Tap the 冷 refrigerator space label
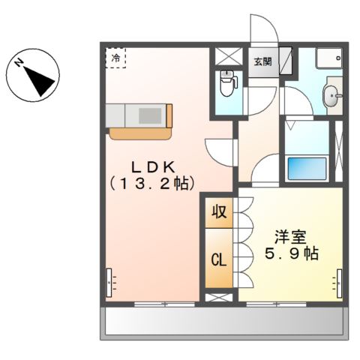(116, 57)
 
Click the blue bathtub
(307, 169)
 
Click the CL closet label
(218, 260)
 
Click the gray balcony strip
(223, 323)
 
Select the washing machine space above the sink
(328, 58)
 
